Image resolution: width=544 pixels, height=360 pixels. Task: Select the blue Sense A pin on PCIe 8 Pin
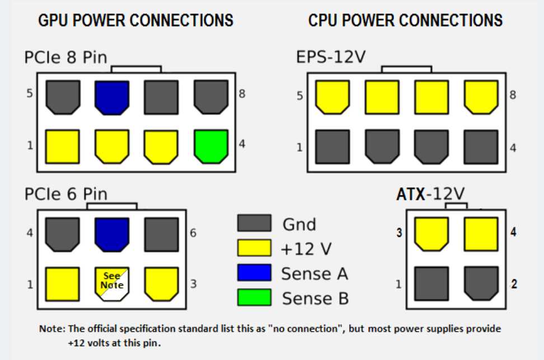click(x=111, y=97)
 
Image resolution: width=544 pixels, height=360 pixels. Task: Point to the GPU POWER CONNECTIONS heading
click(x=135, y=21)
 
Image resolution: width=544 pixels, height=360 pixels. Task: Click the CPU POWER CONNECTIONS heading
click(x=405, y=21)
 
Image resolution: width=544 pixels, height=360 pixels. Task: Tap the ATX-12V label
click(x=430, y=194)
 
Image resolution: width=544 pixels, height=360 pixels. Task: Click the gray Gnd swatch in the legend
click(x=254, y=223)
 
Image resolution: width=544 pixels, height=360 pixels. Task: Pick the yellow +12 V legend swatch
click(x=254, y=247)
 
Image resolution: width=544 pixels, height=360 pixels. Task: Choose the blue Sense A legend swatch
click(x=254, y=273)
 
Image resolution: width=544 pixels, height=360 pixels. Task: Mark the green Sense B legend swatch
click(x=254, y=297)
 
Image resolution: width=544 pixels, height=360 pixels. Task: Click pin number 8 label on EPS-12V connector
click(x=513, y=95)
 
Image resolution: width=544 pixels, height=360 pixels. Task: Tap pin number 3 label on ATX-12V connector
click(x=399, y=232)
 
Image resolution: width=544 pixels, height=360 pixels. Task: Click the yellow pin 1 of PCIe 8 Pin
click(x=62, y=146)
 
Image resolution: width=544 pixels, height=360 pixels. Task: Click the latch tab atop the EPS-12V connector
click(x=406, y=69)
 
